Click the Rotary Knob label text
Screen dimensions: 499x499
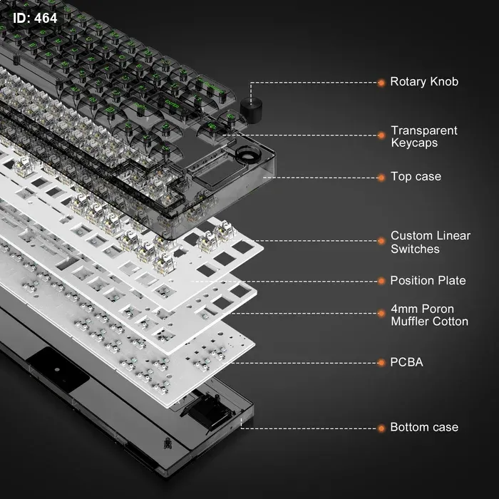pyautogui.click(x=424, y=82)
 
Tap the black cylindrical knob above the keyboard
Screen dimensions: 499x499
pyautogui.click(x=251, y=110)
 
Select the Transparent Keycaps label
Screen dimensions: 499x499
pyautogui.click(x=424, y=137)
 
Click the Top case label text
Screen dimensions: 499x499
pyautogui.click(x=416, y=177)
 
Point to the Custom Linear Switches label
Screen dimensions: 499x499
pyautogui.click(x=431, y=242)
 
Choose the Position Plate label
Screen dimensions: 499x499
pyautogui.click(x=428, y=281)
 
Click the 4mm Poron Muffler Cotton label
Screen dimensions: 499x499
pyautogui.click(x=429, y=315)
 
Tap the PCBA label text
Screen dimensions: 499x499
pyautogui.click(x=407, y=362)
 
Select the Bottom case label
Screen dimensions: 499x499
pyautogui.click(x=424, y=427)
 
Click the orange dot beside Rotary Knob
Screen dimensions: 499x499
pyautogui.click(x=381, y=83)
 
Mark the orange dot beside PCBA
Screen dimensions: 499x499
pyautogui.click(x=381, y=363)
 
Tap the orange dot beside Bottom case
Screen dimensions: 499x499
pyautogui.click(x=381, y=428)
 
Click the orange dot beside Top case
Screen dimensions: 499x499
pyautogui.click(x=381, y=178)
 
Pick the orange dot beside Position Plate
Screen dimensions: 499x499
pyautogui.click(x=381, y=282)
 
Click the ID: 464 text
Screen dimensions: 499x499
pyautogui.click(x=35, y=18)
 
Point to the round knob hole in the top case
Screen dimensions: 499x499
pyautogui.click(x=248, y=153)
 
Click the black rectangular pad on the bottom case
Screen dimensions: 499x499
pyautogui.click(x=58, y=370)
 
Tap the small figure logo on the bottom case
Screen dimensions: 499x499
pyautogui.click(x=168, y=443)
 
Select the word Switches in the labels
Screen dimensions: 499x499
pyautogui.click(x=415, y=249)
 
